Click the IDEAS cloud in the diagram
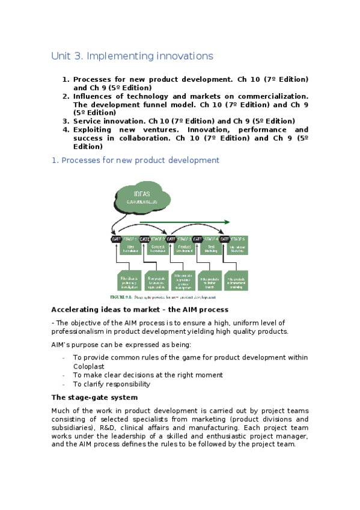click(142, 197)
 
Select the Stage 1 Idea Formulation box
click(130, 245)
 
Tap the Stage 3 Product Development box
click(186, 245)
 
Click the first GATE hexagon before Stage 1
click(117, 239)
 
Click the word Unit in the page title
click(61, 56)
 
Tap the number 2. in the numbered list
click(66, 96)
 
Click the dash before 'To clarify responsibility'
click(64, 384)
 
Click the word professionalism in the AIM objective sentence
click(79, 331)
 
